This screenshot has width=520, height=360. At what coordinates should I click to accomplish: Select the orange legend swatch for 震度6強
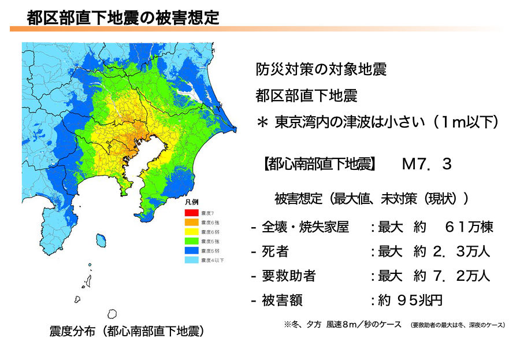coord(191,222)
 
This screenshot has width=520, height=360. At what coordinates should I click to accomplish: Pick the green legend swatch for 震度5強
coord(191,241)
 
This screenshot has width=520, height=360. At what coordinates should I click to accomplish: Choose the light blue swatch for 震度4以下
coord(191,261)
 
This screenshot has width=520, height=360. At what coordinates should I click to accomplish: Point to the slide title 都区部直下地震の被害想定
coord(123,17)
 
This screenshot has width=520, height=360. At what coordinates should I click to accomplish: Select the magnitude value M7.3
coord(426,165)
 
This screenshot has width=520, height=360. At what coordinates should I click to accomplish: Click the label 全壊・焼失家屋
coord(306,227)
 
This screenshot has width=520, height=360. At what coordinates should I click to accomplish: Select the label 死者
coord(276,252)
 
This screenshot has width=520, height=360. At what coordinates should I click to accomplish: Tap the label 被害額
coord(283,301)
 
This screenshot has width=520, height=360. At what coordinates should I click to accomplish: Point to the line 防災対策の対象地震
coord(321,70)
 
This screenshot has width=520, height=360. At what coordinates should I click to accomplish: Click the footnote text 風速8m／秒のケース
coord(363,324)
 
